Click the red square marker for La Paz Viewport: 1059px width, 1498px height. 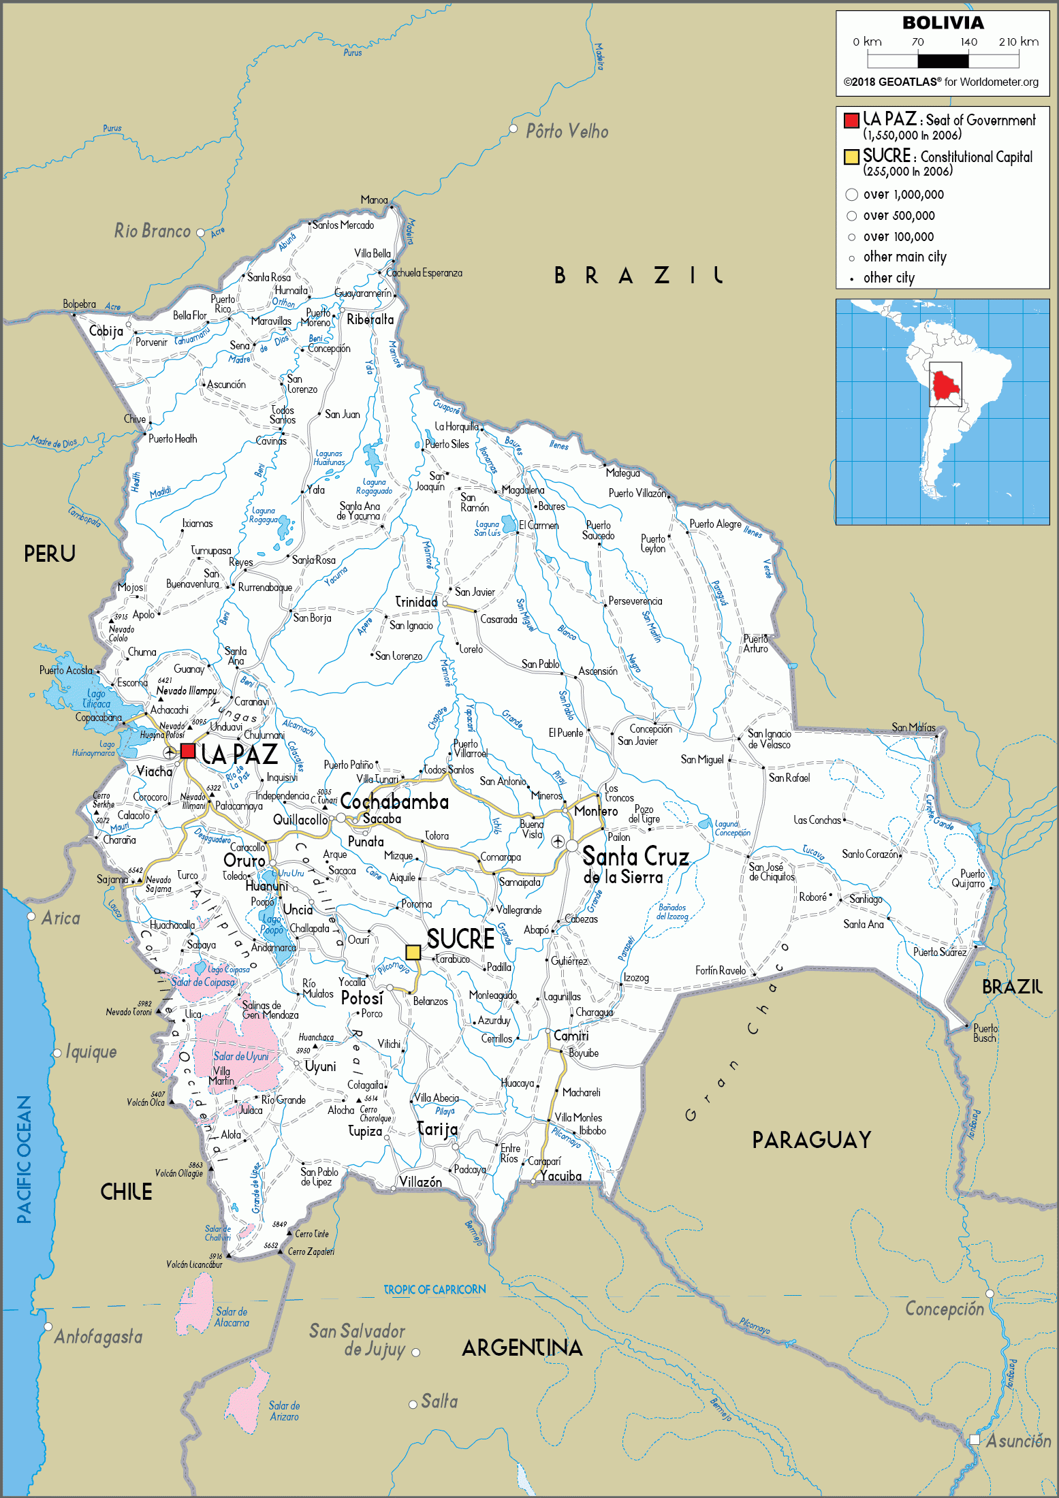point(188,751)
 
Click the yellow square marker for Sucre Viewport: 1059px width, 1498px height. point(413,952)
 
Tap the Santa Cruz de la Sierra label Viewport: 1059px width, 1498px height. point(635,865)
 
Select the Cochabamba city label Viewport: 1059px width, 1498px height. point(394,801)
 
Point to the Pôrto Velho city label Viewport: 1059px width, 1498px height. point(567,131)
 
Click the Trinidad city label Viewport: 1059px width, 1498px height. point(416,602)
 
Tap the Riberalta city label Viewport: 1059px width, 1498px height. point(370,319)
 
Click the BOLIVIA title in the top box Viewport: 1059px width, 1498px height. point(943,23)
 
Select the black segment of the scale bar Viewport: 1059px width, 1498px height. point(943,61)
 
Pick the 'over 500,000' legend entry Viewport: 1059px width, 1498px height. point(898,216)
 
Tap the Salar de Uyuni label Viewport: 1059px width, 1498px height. point(240,1056)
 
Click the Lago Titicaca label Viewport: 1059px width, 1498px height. point(96,699)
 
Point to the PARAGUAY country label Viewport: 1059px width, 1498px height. point(811,1140)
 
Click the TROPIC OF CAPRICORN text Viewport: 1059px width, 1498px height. point(434,1290)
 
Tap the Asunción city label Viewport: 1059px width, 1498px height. point(1017,1441)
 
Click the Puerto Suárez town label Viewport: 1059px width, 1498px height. point(939,952)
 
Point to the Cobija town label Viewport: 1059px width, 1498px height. point(106,332)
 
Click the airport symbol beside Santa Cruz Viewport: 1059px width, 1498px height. point(558,842)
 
